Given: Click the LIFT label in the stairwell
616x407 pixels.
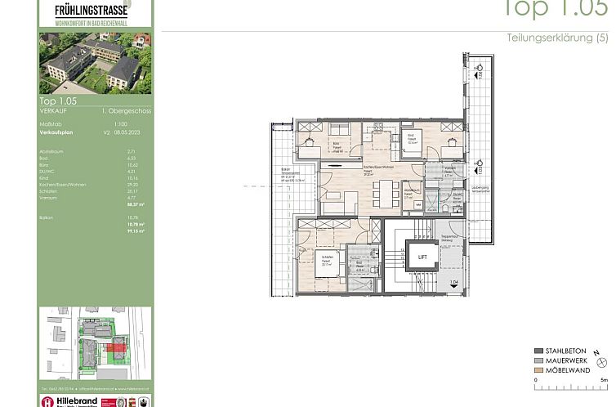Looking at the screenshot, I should pyautogui.click(x=422, y=257).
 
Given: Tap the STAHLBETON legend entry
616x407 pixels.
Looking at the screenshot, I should pyautogui.click(x=562, y=351).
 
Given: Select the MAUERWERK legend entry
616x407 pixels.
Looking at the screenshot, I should pyautogui.click(x=563, y=360).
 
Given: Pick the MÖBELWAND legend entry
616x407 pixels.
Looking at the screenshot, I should pyautogui.click(x=563, y=369).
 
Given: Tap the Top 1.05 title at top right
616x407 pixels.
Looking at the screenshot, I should pyautogui.click(x=556, y=8).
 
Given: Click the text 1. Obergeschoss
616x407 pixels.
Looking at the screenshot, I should pyautogui.click(x=127, y=110).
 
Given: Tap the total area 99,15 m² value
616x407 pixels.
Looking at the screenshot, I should pyautogui.click(x=136, y=231).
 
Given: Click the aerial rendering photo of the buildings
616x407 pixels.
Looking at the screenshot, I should pyautogui.click(x=96, y=63).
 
